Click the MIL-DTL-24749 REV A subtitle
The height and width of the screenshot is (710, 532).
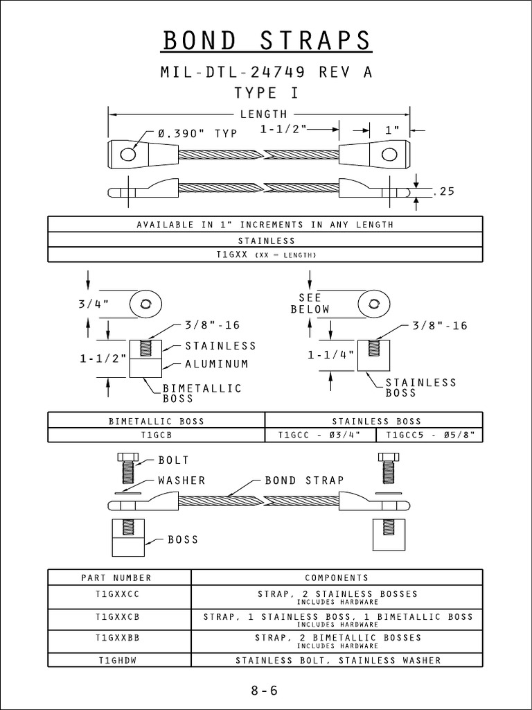267,72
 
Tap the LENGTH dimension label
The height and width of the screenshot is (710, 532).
263,114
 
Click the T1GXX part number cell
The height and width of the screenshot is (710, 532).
265,255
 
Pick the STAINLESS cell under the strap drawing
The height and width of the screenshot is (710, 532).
265,241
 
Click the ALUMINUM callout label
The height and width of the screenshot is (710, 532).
216,363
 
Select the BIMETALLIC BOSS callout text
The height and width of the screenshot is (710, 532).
202,393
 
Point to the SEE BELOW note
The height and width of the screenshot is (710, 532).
310,303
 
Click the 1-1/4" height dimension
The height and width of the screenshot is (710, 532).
330,354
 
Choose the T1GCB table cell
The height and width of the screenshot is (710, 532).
157,435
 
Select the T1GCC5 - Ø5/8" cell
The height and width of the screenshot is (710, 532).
429,435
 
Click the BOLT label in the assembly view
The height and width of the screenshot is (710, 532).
173,460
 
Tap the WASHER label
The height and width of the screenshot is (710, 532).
181,480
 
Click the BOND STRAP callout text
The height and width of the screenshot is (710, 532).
305,480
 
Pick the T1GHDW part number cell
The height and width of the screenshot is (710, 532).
119,660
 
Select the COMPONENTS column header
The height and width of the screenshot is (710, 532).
337,578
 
